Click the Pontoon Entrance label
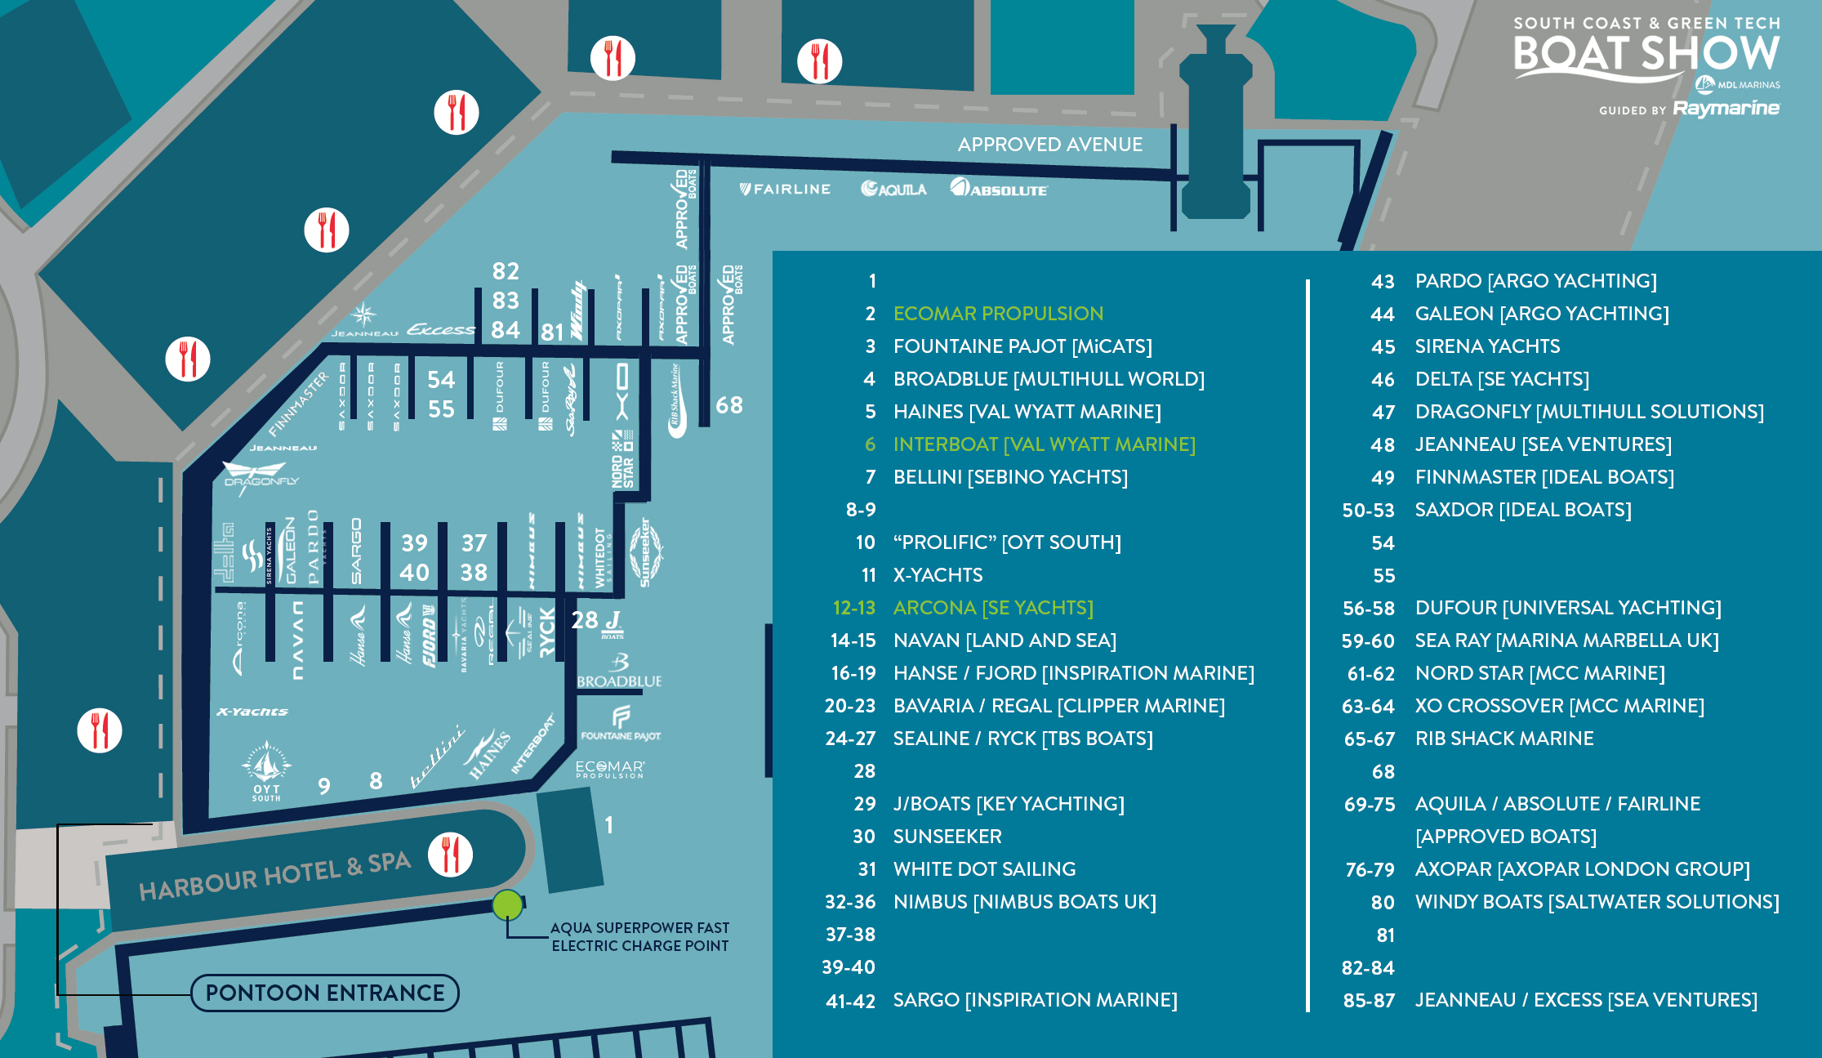325,993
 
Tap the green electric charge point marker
507,905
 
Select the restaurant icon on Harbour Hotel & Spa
450,855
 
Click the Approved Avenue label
1049,145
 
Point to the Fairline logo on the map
785,189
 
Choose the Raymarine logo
1726,108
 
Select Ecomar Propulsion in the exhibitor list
997,314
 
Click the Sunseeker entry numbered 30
947,837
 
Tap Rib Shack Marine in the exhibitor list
1503,739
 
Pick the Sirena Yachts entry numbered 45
1486,346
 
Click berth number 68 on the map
728,405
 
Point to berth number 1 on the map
608,825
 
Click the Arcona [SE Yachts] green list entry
992,608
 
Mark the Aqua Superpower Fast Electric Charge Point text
639,937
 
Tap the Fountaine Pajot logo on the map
621,724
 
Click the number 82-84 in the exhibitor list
1367,968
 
